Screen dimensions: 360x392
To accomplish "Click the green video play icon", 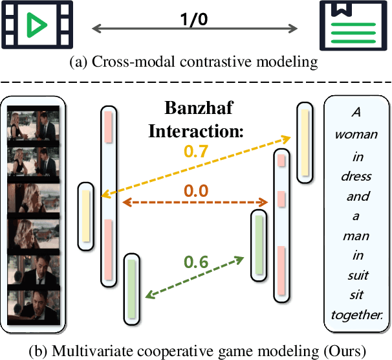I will pos(36,27).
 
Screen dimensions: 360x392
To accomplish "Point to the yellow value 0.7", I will pos(195,152).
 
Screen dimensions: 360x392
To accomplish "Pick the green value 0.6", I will pos(196,262).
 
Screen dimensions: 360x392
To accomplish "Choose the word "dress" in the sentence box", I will pos(358,176).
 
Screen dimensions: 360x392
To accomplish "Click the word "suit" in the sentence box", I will pos(358,277).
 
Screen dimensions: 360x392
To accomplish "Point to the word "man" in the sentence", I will pos(358,236).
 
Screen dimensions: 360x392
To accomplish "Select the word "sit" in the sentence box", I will pos(358,297).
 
